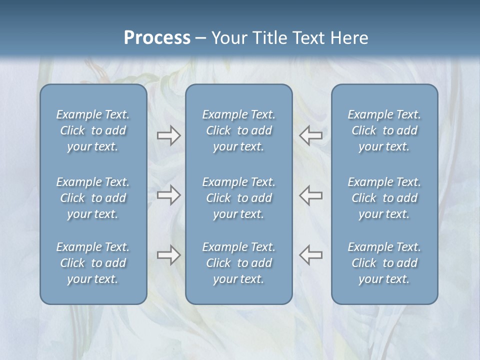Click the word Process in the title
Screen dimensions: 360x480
pos(157,38)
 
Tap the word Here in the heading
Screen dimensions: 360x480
pos(349,38)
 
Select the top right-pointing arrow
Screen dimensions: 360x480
pos(168,135)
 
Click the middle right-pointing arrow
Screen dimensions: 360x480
pos(168,195)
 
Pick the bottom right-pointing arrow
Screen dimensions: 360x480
pos(168,255)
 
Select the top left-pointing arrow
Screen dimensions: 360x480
pos(310,135)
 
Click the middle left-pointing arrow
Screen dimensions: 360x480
pos(310,195)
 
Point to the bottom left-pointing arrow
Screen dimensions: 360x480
pos(310,255)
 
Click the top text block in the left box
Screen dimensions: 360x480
pos(93,130)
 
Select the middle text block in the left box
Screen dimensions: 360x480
pos(93,198)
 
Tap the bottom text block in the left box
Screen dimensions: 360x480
pos(93,263)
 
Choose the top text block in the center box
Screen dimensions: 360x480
pos(238,130)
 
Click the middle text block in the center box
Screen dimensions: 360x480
pos(238,198)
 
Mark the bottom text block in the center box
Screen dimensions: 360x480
pos(238,263)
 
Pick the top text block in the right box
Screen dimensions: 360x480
pos(384,130)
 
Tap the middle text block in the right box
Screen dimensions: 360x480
pos(384,198)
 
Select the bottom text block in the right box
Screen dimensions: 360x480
pos(384,263)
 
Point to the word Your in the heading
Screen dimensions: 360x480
pos(228,38)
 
